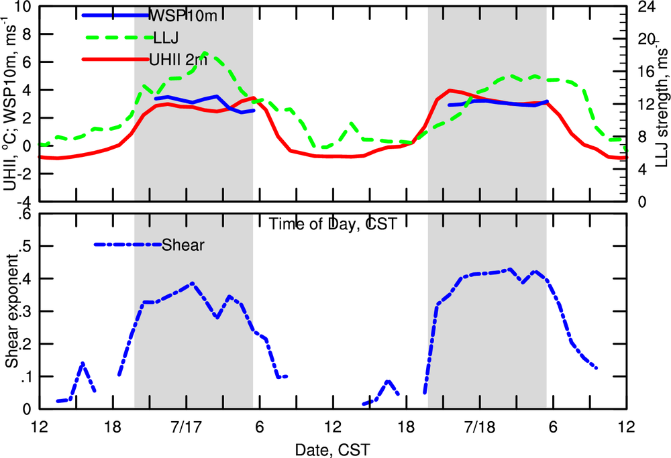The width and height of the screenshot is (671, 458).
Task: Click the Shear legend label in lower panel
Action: pos(183,245)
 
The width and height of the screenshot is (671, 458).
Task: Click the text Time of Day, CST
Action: pos(332,224)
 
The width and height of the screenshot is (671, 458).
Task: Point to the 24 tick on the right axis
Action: pos(646,7)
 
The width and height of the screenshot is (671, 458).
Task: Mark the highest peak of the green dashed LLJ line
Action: pos(205,52)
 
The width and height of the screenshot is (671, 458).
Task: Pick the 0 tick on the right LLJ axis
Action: pos(641,202)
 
